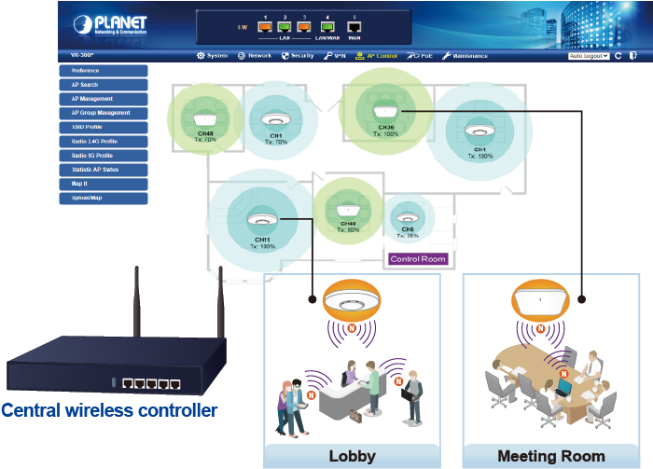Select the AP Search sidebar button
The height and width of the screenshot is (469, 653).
pyautogui.click(x=103, y=85)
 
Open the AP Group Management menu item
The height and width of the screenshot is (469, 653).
pyautogui.click(x=103, y=113)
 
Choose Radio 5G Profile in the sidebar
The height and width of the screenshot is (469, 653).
pyautogui.click(x=103, y=156)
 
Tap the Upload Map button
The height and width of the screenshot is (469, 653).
pyautogui.click(x=103, y=199)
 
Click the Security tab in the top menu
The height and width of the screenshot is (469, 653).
pyautogui.click(x=298, y=56)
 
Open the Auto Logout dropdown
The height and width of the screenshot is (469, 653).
pyautogui.click(x=589, y=56)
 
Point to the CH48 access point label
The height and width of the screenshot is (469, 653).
pyautogui.click(x=205, y=133)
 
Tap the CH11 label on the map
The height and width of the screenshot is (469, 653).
pyautogui.click(x=262, y=240)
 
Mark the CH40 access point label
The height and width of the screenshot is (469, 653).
pyautogui.click(x=348, y=224)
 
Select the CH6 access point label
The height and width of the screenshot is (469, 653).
pyautogui.click(x=408, y=228)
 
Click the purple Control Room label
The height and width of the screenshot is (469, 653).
pyautogui.click(x=418, y=258)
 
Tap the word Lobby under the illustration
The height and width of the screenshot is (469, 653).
pyautogui.click(x=352, y=456)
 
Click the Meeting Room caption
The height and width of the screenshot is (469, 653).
pyautogui.click(x=550, y=456)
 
